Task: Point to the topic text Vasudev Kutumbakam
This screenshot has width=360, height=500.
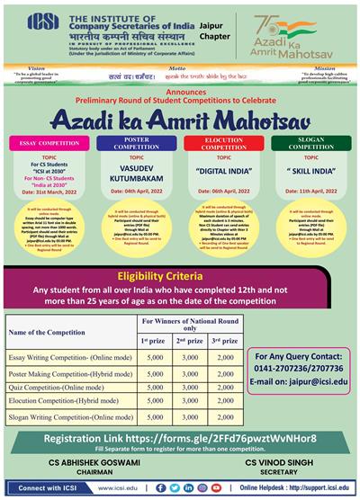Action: (136, 181)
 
